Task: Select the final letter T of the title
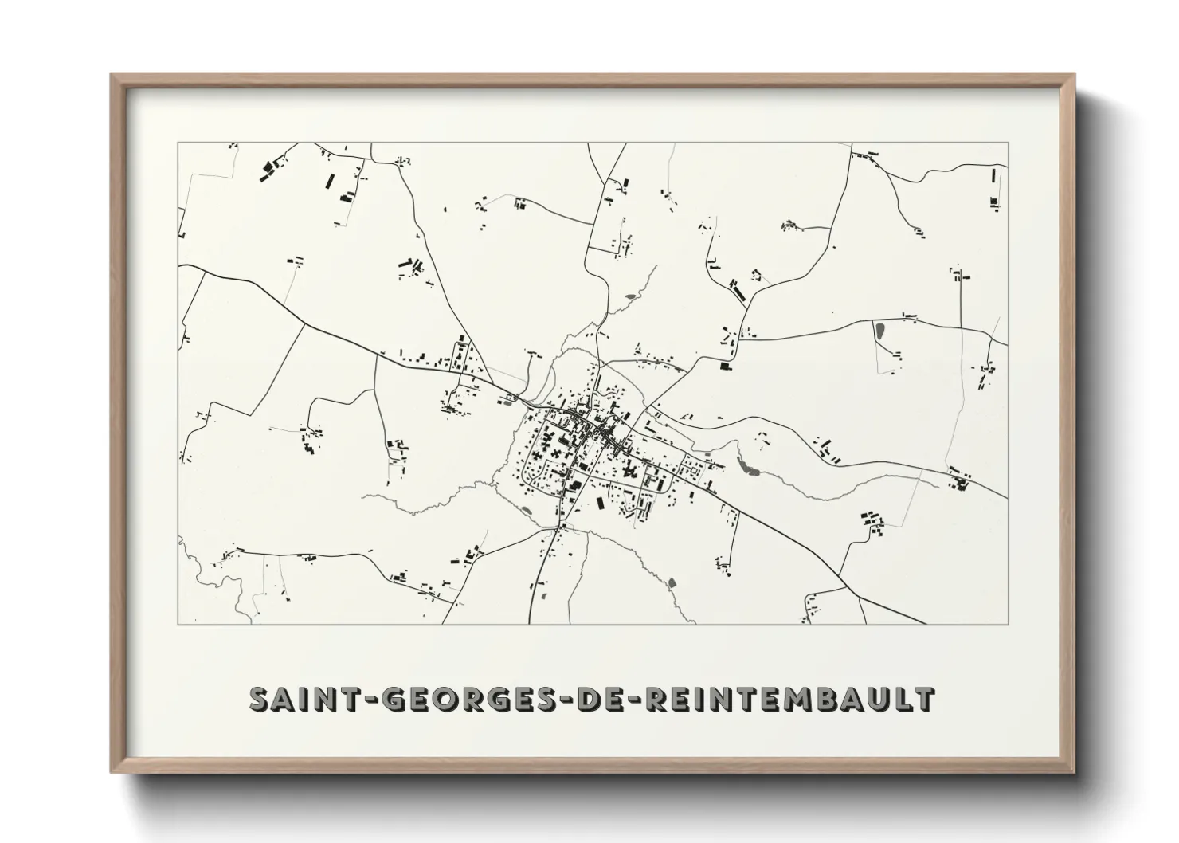(x=924, y=699)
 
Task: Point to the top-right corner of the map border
(x=1008, y=143)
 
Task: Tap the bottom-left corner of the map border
(x=178, y=624)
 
